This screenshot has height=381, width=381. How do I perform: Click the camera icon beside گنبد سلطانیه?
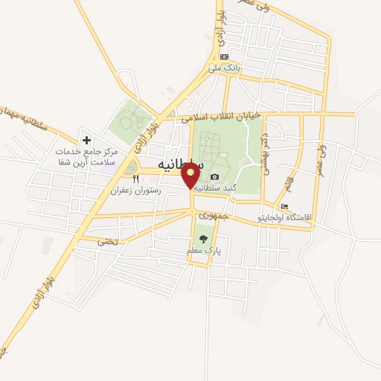(215, 176)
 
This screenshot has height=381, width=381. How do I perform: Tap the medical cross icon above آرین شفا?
(86, 139)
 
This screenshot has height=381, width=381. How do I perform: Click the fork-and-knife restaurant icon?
(135, 179)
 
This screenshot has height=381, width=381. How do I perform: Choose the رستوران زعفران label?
(135, 190)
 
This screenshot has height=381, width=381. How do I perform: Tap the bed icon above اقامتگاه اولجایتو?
(284, 206)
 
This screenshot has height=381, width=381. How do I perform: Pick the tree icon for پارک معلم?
(203, 239)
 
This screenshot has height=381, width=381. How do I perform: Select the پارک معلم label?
(202, 252)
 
